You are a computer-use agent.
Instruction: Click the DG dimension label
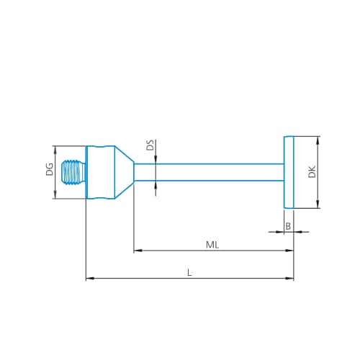pos(49,171)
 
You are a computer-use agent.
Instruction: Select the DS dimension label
pos(150,145)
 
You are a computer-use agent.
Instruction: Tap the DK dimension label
pos(312,173)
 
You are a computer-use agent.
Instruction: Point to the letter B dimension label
pos(288,226)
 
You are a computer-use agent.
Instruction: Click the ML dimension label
pos(212,245)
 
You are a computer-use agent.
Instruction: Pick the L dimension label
pos(189,272)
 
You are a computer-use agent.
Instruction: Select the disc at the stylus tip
pos(289,173)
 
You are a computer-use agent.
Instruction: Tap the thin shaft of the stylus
pos(209,173)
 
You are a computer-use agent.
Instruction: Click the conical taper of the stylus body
pos(124,173)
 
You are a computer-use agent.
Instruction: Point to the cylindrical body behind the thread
pos(100,173)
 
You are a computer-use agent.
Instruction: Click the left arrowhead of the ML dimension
pos(138,251)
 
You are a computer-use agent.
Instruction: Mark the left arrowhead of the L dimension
pos(89,278)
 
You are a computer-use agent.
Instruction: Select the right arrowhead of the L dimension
pos(290,278)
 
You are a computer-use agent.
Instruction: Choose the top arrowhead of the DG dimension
pos(56,148)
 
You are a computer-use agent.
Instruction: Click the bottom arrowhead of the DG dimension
pos(56,197)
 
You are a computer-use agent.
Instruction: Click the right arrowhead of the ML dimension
pos(290,251)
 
